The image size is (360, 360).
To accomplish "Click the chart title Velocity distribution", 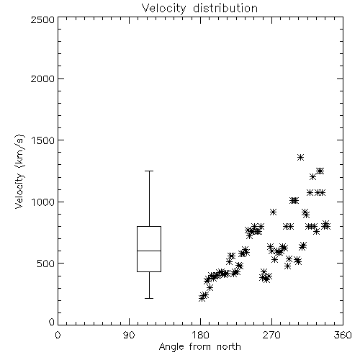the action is (199, 8).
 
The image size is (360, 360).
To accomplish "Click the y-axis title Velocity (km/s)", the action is (20, 171).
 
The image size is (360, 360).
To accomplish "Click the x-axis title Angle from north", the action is (199, 347).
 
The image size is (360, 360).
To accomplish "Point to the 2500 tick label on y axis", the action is (42, 19).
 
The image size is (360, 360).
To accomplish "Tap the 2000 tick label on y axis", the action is (42, 78).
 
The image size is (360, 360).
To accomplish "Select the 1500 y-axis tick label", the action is (43, 140).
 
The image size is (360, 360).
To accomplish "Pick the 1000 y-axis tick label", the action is (43, 202).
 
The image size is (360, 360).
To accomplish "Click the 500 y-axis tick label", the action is (46, 264).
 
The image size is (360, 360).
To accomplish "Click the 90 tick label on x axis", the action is (129, 335).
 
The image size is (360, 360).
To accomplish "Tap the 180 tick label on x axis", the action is (200, 335).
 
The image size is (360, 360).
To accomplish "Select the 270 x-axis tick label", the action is (271, 335).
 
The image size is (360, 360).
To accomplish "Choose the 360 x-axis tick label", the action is (343, 335).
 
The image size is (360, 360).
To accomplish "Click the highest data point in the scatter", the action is (300, 158).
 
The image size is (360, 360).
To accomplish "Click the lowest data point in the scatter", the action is (202, 298).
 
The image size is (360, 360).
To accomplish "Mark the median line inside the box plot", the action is (149, 251).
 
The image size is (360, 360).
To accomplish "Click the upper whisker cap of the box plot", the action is (149, 171).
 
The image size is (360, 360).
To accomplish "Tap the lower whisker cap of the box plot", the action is (149, 298).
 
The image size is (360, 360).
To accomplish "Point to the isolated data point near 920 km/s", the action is (273, 212).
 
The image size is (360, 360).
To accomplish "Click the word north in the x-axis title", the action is (229, 347).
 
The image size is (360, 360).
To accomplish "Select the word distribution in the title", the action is (225, 8).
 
